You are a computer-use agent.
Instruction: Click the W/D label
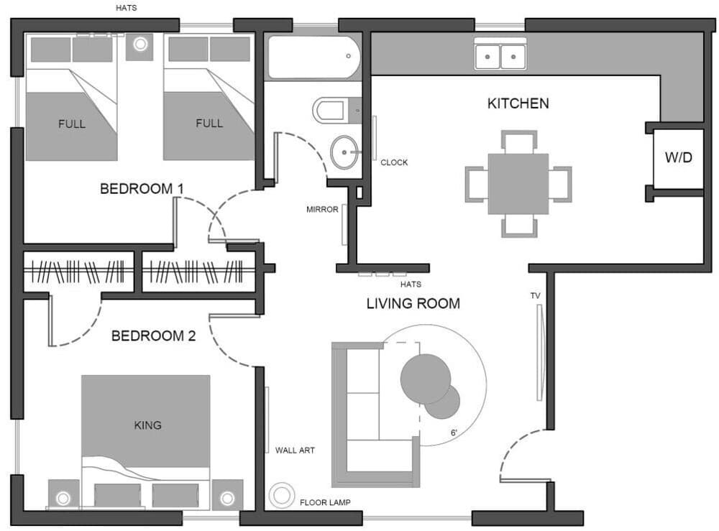[x=677, y=157]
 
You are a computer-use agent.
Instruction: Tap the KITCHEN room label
[x=518, y=103]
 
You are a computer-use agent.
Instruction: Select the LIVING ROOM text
[x=413, y=303]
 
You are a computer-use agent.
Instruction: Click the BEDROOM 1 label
[x=142, y=189]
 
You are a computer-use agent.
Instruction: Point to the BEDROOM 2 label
[x=153, y=336]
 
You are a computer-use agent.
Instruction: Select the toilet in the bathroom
[x=334, y=111]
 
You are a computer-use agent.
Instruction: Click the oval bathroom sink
[x=346, y=152]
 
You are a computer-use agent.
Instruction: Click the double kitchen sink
[x=500, y=55]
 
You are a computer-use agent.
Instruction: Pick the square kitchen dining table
[x=518, y=184]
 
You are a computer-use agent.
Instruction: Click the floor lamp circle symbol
[x=281, y=495]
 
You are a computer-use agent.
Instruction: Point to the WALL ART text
[x=295, y=451]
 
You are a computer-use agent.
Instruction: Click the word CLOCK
[x=394, y=162]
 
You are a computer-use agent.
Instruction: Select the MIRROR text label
[x=322, y=210]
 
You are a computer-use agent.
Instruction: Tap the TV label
[x=535, y=295]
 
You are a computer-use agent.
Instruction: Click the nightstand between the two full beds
[x=139, y=45]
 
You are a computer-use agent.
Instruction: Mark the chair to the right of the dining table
[x=561, y=184]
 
